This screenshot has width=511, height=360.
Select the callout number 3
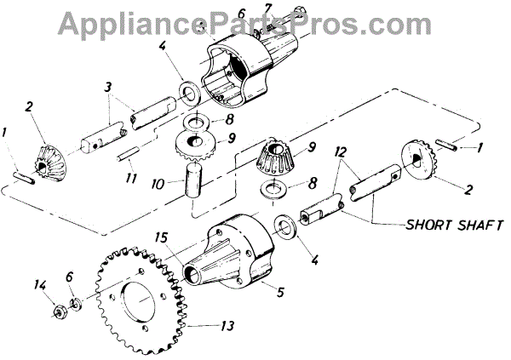pos(108,86)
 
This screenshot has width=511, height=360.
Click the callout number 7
pos(269,9)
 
